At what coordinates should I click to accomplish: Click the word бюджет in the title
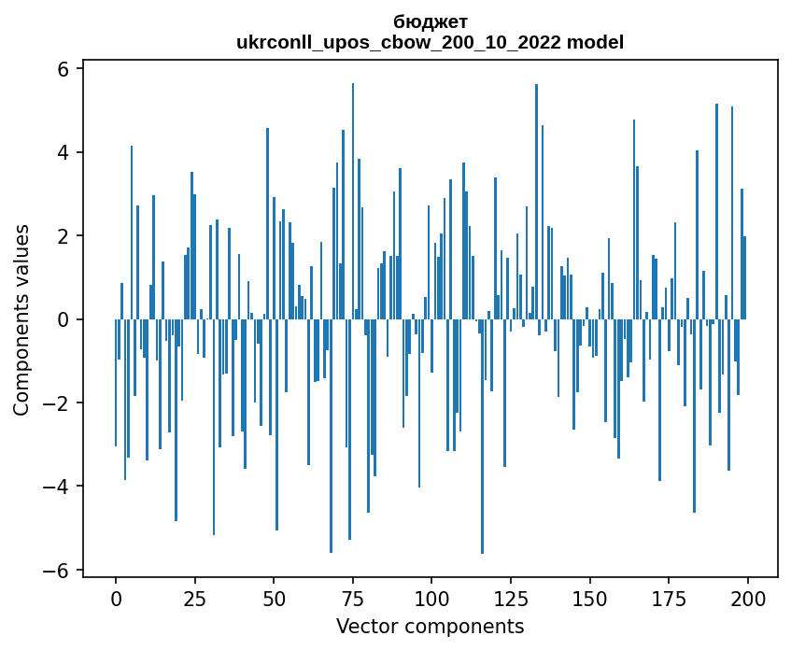(431, 21)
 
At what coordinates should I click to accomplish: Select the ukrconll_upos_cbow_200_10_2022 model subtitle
(431, 42)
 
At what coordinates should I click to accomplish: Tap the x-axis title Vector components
(431, 626)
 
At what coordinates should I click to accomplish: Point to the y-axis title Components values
(21, 319)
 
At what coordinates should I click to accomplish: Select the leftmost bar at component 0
(116, 383)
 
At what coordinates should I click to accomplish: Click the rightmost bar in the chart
(745, 278)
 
